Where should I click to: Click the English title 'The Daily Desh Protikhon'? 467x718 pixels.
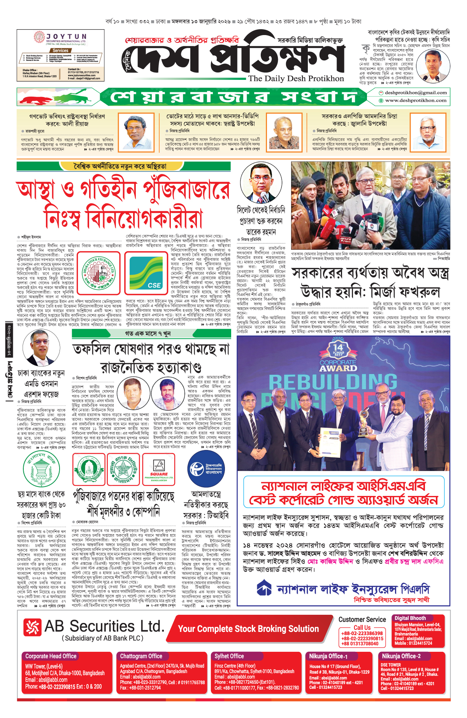click(x=296, y=79)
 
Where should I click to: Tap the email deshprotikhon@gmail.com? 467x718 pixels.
click(x=416, y=93)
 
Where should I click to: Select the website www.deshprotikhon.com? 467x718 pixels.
click(x=416, y=101)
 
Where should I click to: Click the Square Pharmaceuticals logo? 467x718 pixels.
click(x=159, y=469)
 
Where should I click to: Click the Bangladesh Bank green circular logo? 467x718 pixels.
click(x=41, y=470)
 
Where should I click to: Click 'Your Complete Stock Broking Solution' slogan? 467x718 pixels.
click(x=248, y=629)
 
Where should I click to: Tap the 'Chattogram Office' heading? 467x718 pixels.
click(x=141, y=656)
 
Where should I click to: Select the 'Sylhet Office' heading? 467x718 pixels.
click(x=229, y=656)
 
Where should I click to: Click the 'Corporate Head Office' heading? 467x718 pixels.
click(x=51, y=656)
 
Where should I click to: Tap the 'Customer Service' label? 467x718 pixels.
click(x=362, y=619)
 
